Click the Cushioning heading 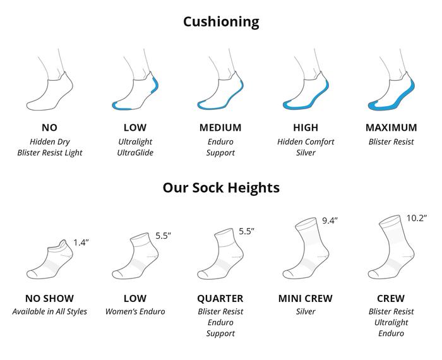click(x=221, y=21)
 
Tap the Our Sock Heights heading click(x=221, y=188)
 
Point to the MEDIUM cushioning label click(x=220, y=128)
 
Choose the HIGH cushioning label click(x=306, y=128)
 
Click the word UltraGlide click(x=135, y=152)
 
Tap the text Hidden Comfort click(x=306, y=141)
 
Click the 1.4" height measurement click(x=81, y=243)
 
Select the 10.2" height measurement click(x=416, y=218)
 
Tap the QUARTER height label click(x=220, y=298)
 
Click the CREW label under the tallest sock click(x=391, y=298)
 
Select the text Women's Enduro click(x=135, y=311)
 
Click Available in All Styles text click(x=50, y=311)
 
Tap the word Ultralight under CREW click(x=391, y=322)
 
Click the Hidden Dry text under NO click(x=50, y=141)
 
